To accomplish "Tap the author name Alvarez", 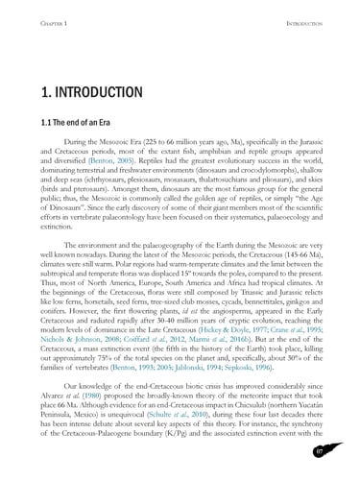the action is [52, 390].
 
